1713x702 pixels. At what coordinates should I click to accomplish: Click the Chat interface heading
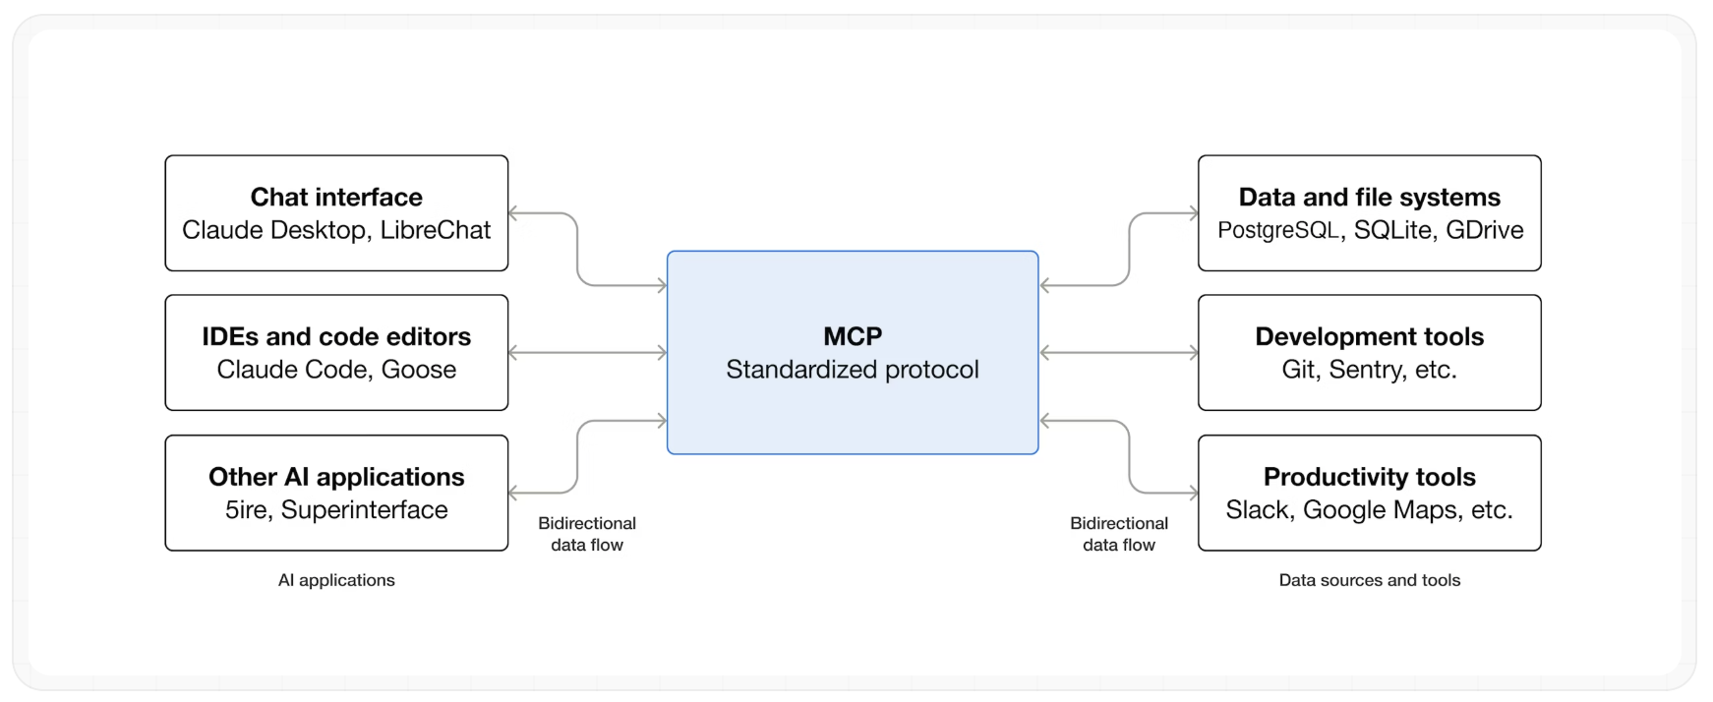336,197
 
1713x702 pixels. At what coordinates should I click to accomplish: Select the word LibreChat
435,230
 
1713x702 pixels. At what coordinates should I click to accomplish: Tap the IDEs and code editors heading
336,336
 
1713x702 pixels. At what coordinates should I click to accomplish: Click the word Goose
419,370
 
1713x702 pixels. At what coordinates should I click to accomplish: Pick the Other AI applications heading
336,477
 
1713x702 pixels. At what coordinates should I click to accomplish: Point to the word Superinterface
364,510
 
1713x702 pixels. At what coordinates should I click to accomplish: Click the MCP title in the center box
853,336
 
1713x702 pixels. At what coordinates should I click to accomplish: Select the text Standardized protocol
853,370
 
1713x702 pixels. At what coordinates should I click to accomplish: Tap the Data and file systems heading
1369,197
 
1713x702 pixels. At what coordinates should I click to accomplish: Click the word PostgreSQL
1278,230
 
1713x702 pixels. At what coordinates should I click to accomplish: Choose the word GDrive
1484,230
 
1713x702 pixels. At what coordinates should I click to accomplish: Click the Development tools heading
1369,336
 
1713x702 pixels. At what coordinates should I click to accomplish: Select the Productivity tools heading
1369,477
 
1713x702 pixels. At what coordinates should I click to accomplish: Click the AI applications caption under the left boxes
336,580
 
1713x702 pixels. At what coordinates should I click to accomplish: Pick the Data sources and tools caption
1369,580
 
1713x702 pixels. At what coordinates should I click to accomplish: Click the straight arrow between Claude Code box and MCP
587,352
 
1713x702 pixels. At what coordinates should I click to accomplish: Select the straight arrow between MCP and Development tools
1118,352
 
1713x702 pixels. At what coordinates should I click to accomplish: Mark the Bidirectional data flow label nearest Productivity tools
1119,534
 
